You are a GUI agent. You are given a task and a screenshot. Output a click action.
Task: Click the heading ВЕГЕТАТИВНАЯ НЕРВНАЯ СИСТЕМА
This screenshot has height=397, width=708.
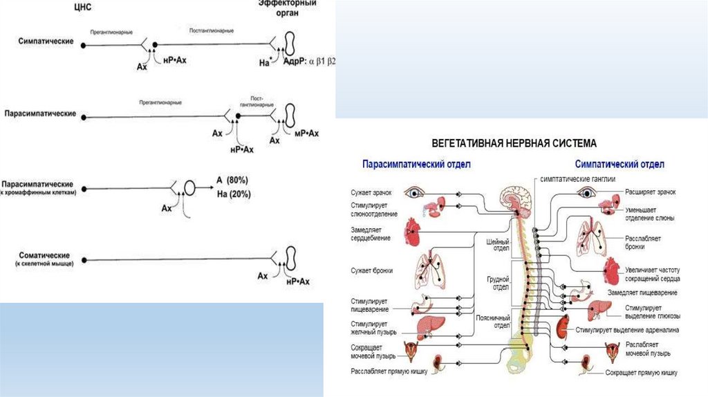[x=514, y=143]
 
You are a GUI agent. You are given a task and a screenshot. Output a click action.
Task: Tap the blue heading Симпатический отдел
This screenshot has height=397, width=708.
[x=619, y=165]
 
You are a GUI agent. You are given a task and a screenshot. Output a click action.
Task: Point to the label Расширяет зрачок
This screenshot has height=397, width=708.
[x=650, y=192]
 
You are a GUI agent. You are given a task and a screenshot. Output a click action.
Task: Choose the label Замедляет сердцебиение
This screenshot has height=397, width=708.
[x=371, y=234]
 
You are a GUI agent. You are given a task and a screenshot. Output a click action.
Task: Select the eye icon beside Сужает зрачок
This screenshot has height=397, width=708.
[x=415, y=193]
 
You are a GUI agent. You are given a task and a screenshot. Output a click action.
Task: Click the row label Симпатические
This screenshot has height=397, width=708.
[x=46, y=42]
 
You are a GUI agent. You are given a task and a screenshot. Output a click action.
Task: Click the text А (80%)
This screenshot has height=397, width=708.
[x=232, y=180]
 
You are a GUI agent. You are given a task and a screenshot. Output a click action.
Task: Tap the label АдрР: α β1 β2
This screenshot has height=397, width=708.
[x=310, y=62]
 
